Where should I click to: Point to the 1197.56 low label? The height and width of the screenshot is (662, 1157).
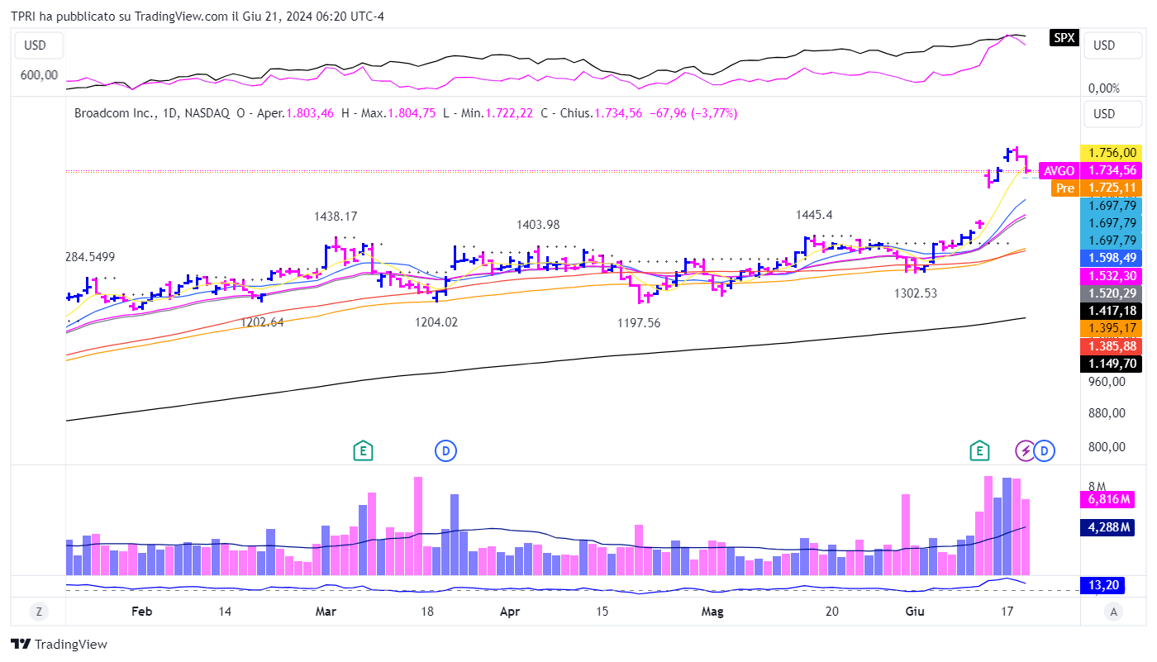[x=639, y=323]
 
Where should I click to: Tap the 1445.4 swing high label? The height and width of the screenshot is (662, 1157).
[x=814, y=215]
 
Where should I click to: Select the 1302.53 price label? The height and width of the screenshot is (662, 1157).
[x=916, y=293]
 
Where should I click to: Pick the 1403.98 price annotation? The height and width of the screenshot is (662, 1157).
[x=538, y=225]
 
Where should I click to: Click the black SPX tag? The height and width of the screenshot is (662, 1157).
[x=1064, y=38]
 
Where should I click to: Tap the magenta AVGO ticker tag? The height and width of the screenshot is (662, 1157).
[x=1059, y=171]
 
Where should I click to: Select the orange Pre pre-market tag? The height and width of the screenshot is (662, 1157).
[x=1065, y=188]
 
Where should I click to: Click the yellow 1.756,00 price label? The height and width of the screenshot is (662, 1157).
[x=1110, y=153]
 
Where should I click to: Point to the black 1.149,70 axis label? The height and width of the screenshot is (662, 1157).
[x=1110, y=363]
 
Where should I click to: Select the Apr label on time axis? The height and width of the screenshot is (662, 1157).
[x=510, y=612]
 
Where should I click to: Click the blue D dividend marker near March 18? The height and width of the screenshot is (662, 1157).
[x=445, y=450]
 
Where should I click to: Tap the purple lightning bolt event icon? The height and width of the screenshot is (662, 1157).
[x=1025, y=450]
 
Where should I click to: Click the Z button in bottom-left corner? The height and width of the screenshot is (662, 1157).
[x=38, y=612]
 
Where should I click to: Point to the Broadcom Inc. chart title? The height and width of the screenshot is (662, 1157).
[x=110, y=113]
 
